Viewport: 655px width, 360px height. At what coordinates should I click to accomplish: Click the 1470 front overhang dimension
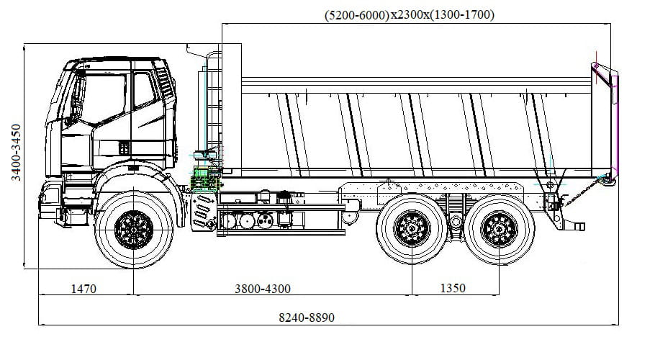pos(83,289)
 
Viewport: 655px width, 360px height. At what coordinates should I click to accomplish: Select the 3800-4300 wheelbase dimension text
pos(263,289)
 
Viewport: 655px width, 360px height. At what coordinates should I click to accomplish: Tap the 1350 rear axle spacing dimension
pos(451,288)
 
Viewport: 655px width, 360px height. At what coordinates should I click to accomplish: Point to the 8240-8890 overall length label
pos(307,318)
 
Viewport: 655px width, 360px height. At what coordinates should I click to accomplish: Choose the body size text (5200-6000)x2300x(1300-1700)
pos(410,14)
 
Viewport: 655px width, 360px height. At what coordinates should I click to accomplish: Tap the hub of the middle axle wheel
pos(412,229)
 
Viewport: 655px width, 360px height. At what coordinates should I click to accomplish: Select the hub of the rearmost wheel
pos(499,229)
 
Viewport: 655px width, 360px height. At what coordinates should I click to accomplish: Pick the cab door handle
pos(124,147)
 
